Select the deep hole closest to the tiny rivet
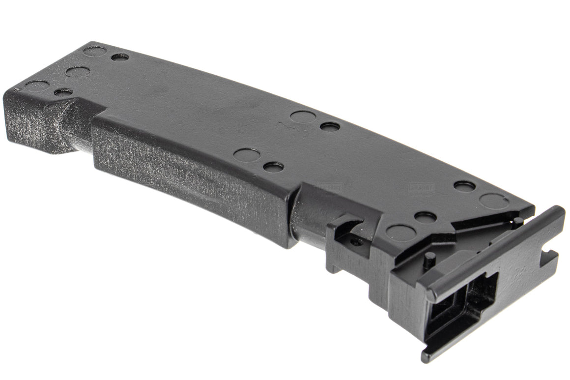[63, 91]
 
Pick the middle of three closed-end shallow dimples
[78, 72]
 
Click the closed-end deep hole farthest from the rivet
[120, 57]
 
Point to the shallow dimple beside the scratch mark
[302, 117]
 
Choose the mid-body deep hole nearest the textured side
[273, 167]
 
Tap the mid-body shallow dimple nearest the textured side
[247, 155]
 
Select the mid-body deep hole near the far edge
[330, 126]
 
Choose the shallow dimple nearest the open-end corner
[494, 201]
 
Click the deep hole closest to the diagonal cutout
[425, 216]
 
